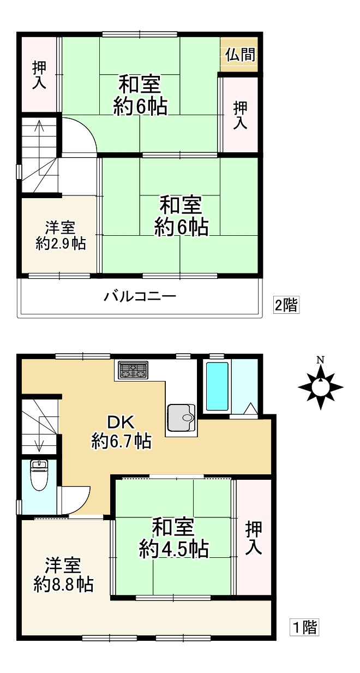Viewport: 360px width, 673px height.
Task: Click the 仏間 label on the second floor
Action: tap(239, 55)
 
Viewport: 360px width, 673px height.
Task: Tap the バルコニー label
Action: tap(140, 297)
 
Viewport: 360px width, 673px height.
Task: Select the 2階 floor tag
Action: tap(286, 305)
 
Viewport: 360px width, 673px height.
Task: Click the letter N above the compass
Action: tap(321, 360)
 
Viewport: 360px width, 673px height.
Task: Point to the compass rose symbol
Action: tap(321, 387)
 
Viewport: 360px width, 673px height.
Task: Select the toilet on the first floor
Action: tap(39, 475)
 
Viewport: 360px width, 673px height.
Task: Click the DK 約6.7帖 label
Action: tap(121, 432)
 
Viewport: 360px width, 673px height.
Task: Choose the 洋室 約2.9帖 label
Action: tap(60, 235)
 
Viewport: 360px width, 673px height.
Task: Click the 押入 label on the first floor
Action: tap(254, 538)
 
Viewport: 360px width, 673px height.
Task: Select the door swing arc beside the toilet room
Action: tap(76, 499)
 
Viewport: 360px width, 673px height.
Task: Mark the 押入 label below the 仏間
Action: tap(240, 115)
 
